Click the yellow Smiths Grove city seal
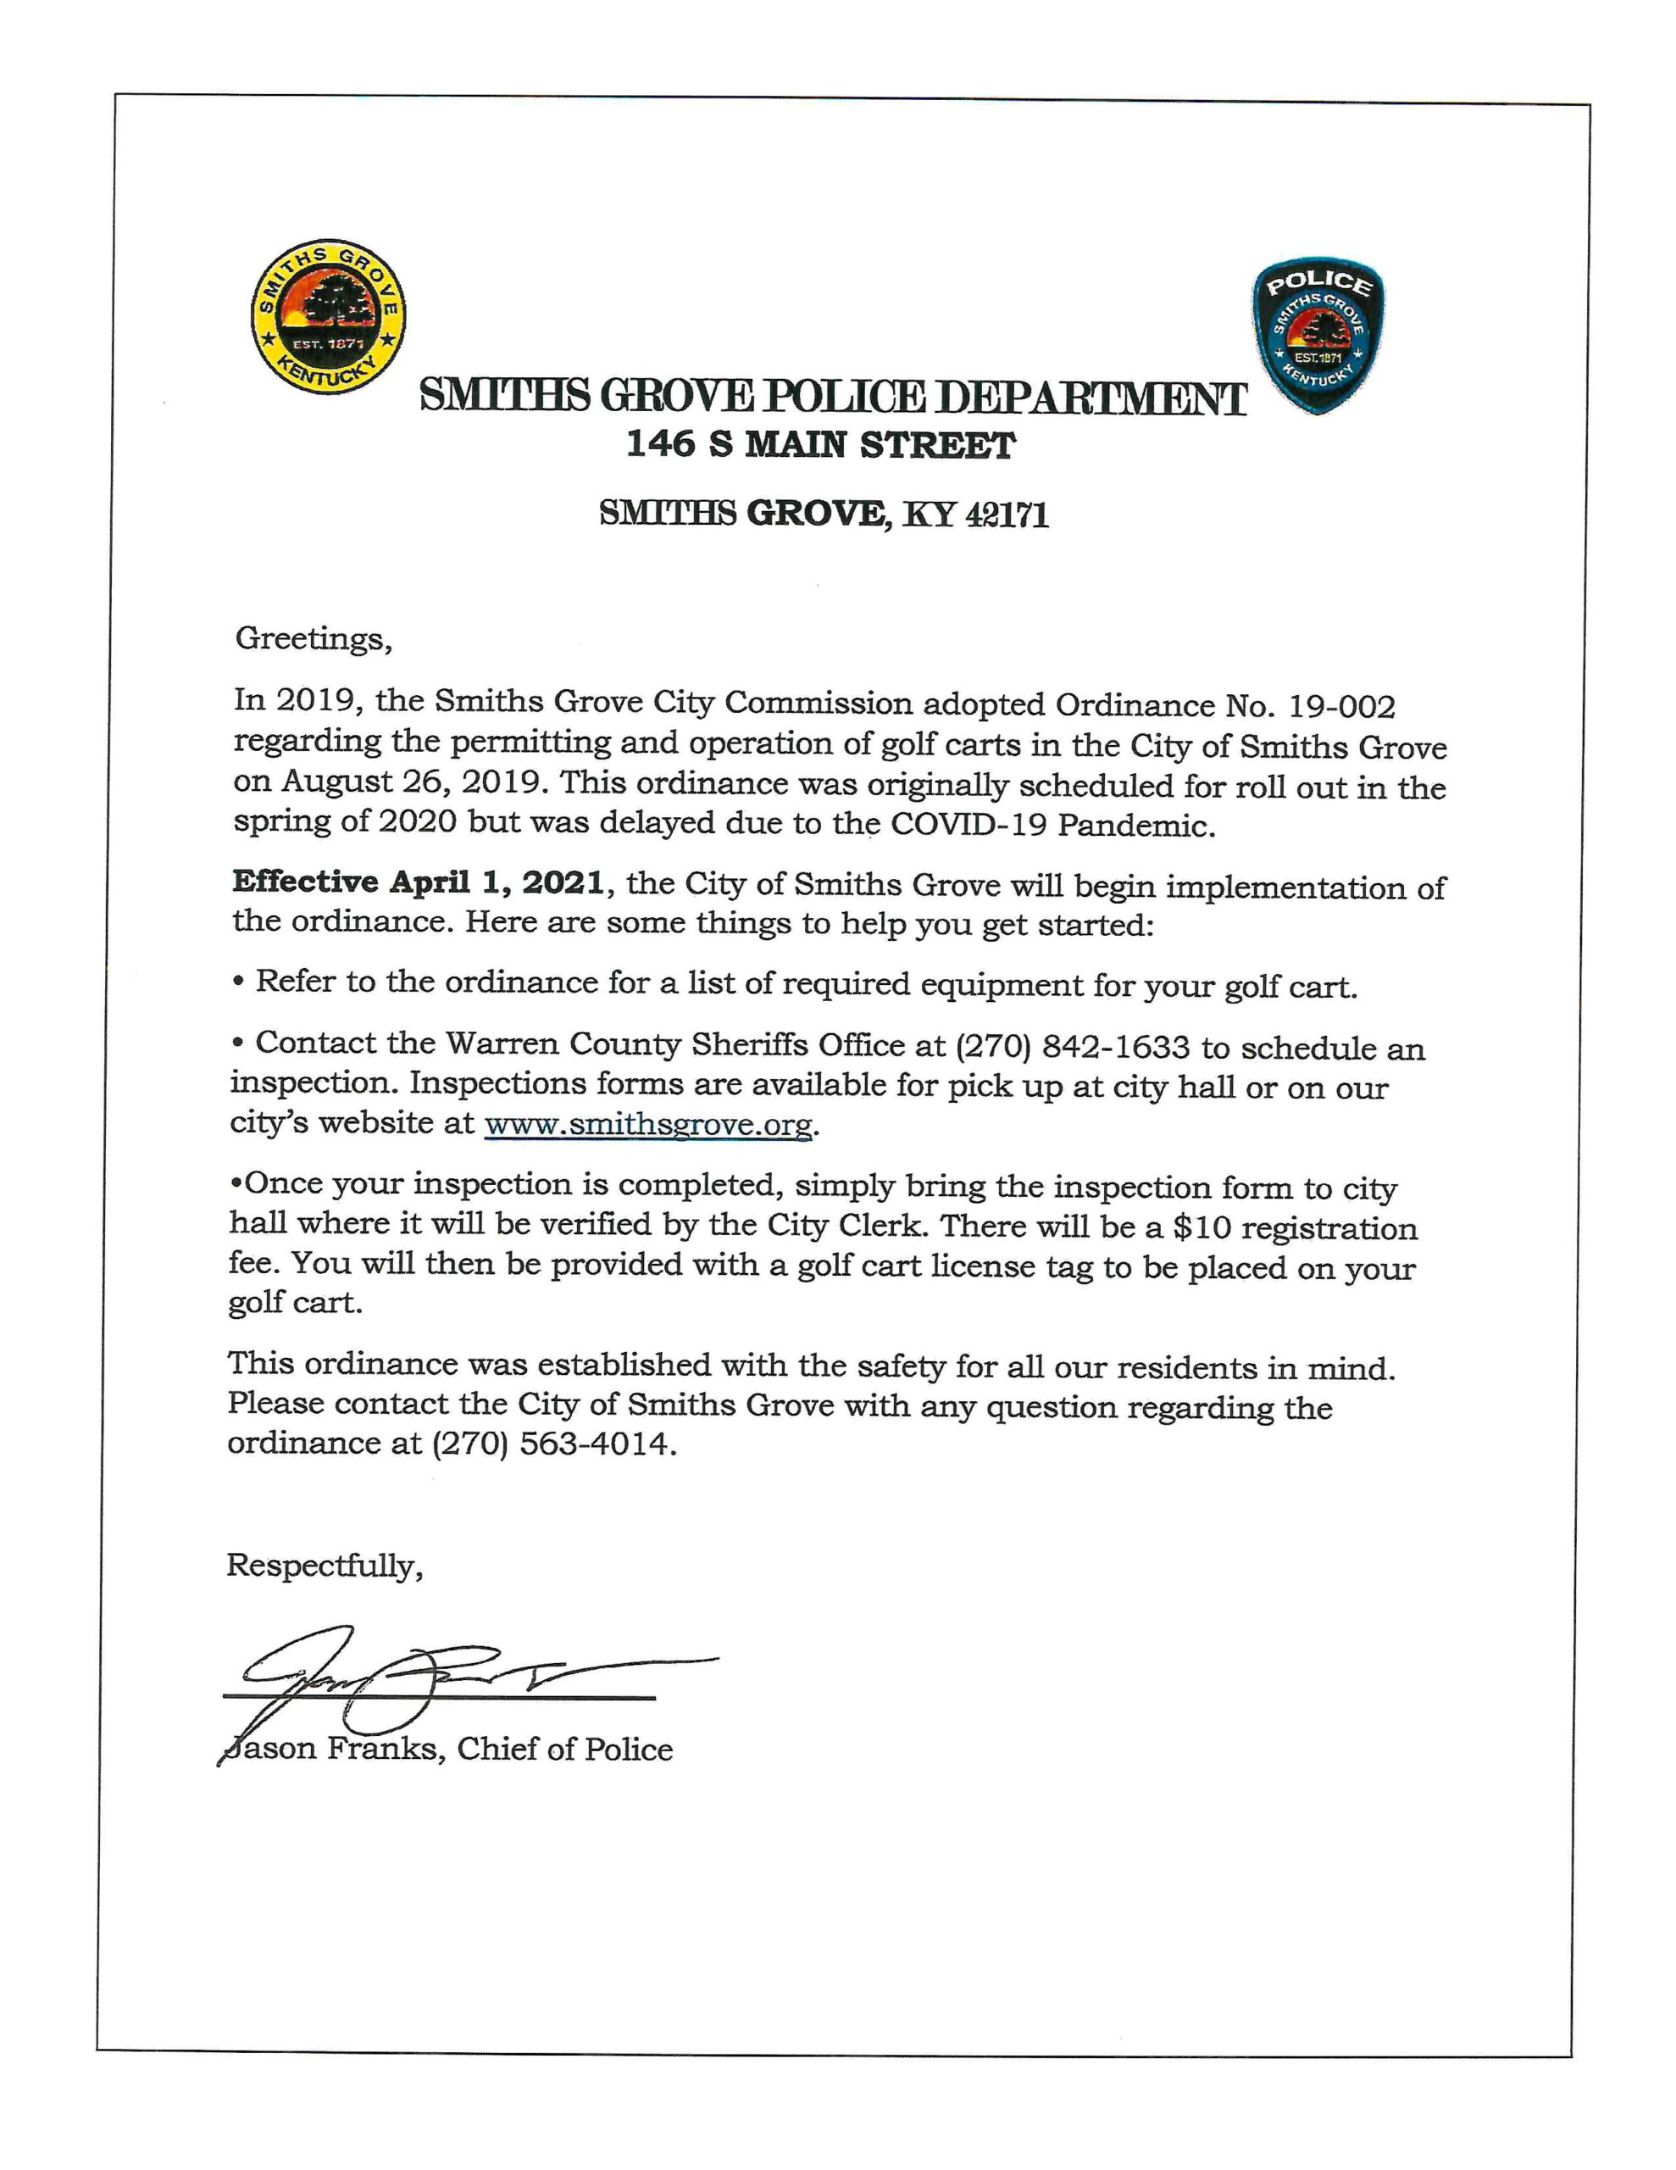coord(327,317)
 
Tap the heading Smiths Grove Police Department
coord(833,398)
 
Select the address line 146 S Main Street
coord(819,445)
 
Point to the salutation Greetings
coord(313,638)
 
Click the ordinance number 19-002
coord(1341,706)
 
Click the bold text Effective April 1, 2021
coord(417,882)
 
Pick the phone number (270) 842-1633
coord(1072,1046)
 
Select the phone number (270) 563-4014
coord(553,1443)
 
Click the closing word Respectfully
coord(324,1566)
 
